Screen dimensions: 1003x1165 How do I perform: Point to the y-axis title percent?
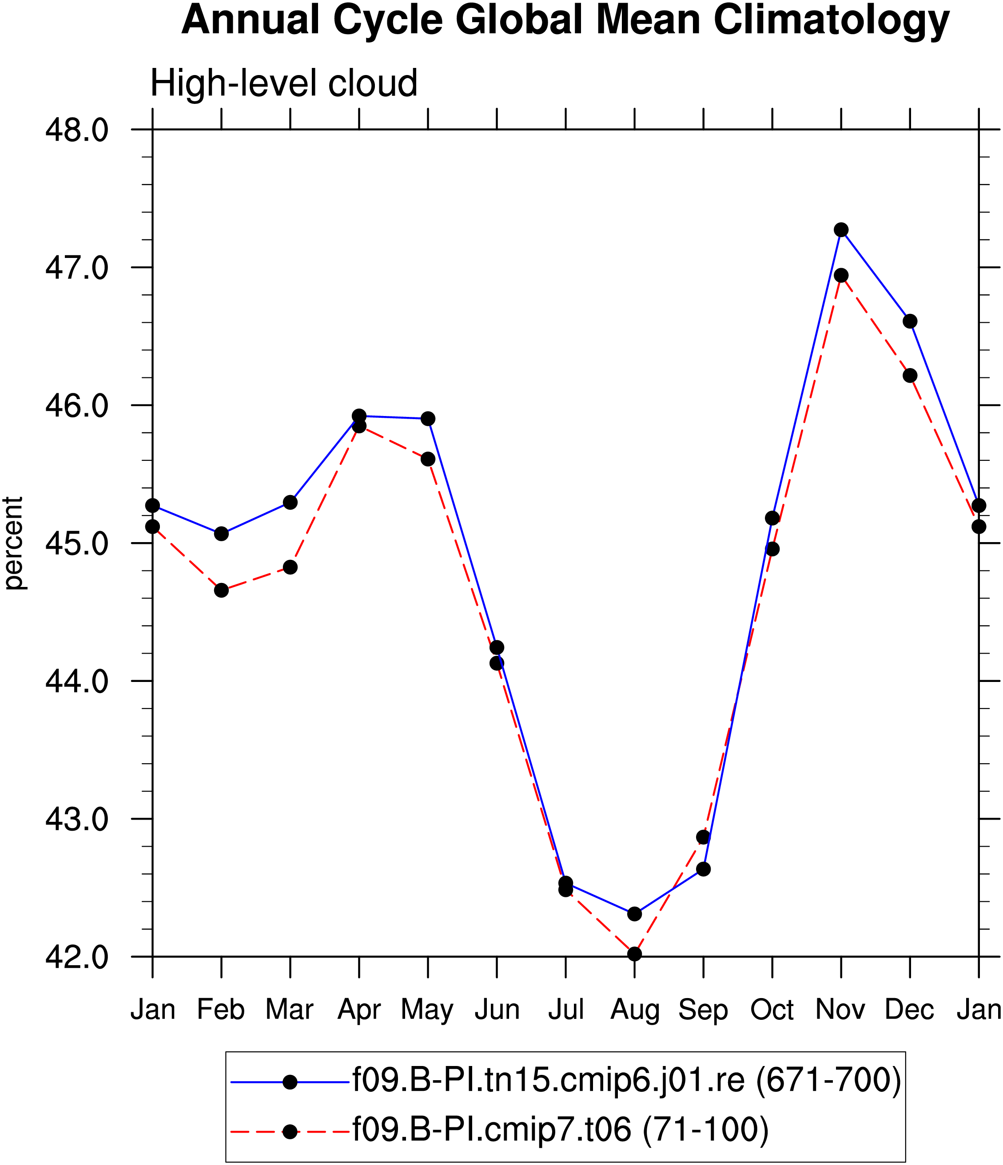[x=13, y=543]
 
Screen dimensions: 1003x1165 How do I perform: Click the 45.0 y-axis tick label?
[x=76, y=543]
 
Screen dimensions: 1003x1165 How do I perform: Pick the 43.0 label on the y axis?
[x=76, y=819]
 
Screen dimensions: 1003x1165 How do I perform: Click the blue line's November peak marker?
[x=841, y=230]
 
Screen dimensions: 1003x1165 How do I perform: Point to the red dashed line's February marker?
[x=221, y=590]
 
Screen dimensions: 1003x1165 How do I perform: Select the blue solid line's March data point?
[x=290, y=502]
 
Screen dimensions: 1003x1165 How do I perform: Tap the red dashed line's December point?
[x=910, y=376]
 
